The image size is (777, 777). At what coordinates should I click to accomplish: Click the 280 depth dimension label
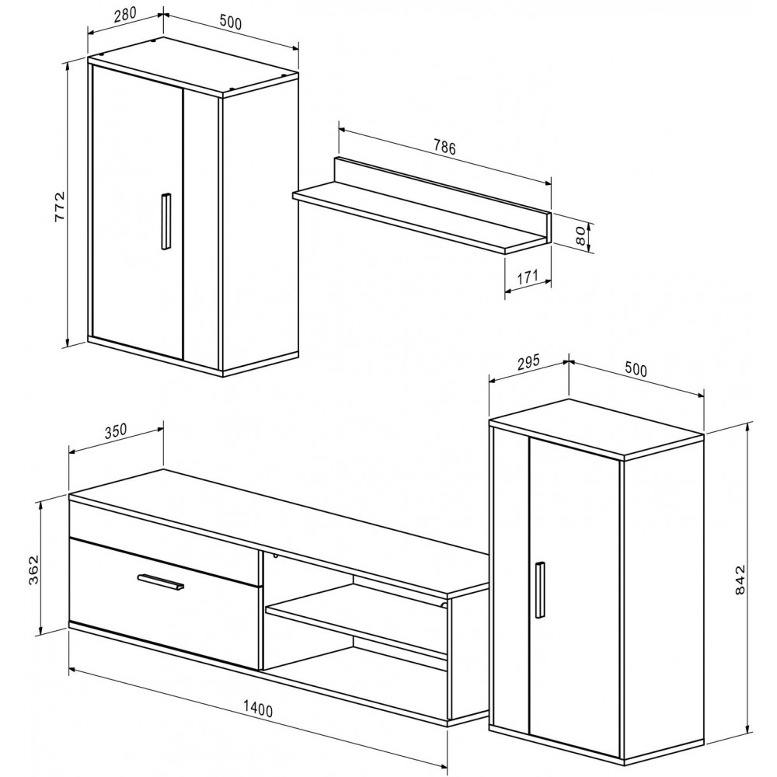point(125,15)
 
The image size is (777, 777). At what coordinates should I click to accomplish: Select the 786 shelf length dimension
point(444,147)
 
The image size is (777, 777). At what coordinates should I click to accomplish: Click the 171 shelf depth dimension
point(528,277)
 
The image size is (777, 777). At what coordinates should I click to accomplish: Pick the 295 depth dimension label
point(528,363)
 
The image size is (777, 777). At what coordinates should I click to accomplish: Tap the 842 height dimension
point(740,580)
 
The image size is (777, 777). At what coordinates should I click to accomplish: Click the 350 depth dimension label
point(116,430)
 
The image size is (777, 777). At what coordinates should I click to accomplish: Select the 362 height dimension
point(33,570)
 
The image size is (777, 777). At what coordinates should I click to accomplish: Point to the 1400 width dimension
point(257,710)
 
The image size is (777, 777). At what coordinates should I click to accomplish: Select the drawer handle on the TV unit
point(161,582)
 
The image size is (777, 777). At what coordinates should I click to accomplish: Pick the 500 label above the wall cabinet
point(230,23)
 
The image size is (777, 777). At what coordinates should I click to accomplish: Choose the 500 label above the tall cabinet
point(636,370)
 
